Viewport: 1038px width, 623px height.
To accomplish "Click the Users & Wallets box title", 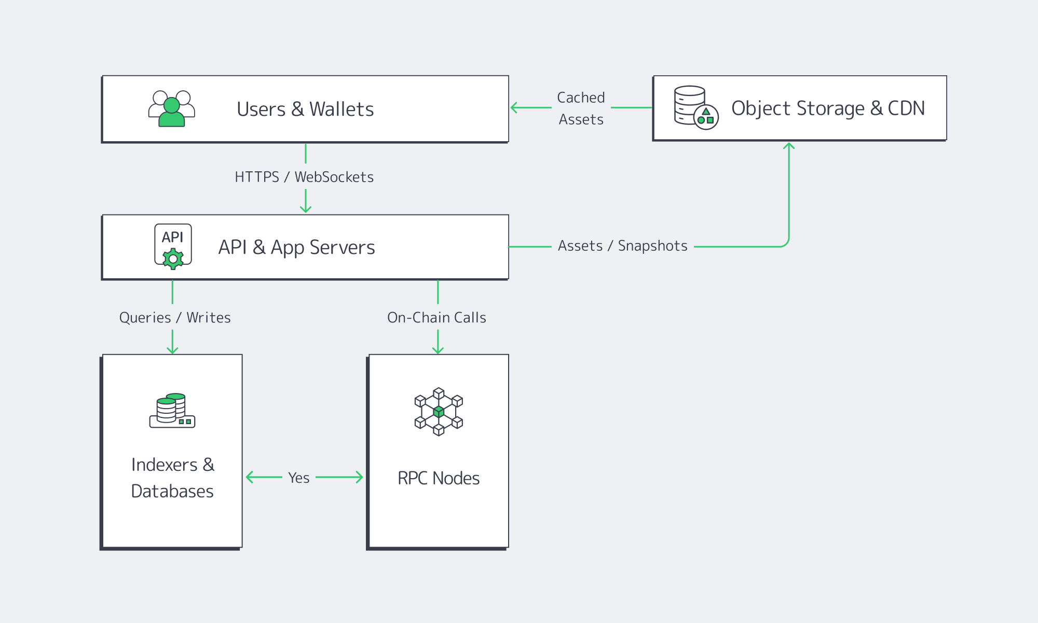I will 305,110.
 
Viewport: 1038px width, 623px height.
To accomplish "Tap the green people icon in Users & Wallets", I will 172,109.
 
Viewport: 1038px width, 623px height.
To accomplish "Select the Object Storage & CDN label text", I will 828,109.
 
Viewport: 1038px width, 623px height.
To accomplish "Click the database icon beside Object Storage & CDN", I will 695,108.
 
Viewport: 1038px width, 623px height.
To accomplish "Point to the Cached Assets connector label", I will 581,108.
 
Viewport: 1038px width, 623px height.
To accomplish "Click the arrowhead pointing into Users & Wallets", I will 514,107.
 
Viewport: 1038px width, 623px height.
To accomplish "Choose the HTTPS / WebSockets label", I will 304,177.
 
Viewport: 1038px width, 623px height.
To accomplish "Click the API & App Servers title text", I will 296,248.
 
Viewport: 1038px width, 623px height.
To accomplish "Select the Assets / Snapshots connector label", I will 622,246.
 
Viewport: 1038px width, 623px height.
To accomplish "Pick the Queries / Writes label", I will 175,318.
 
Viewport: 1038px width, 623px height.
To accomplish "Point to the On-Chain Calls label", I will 436,318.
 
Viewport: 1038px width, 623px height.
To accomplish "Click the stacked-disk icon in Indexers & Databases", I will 172,411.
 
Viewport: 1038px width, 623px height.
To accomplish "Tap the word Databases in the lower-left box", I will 172,491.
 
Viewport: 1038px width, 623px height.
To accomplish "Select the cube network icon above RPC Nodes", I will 439,412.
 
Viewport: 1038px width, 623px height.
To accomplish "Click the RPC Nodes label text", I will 439,478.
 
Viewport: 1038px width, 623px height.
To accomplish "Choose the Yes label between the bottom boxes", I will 299,478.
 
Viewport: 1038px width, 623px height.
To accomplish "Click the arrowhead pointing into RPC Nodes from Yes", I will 360,477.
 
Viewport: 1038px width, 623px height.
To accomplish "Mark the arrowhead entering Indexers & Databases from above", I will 172,351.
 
